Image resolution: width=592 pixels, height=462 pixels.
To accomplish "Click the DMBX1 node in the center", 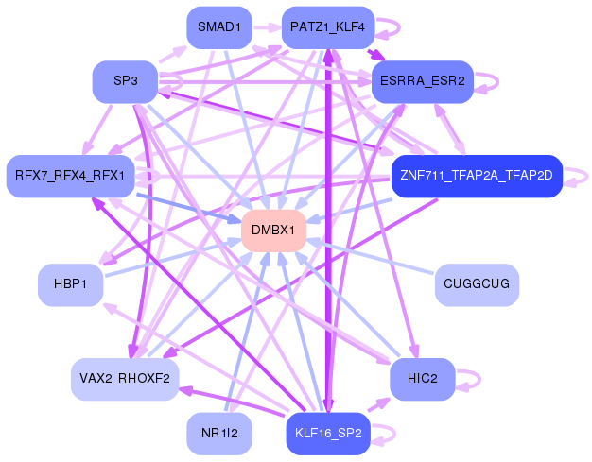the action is (x=273, y=231).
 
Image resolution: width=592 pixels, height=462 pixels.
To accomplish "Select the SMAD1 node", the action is (x=219, y=27).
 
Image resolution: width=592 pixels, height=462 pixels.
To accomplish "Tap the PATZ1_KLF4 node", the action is (x=328, y=27).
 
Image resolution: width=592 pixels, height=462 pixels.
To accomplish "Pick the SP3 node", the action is (x=126, y=81).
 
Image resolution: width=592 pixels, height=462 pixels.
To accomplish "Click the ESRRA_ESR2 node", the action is (x=423, y=81).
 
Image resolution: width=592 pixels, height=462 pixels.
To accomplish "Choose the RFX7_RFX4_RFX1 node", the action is (x=70, y=176).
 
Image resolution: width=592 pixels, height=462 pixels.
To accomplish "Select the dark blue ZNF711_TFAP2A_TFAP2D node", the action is (x=477, y=176).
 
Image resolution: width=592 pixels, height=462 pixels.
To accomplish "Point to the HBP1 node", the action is (x=70, y=284).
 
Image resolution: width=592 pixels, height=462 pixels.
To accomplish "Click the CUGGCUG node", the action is (x=477, y=284).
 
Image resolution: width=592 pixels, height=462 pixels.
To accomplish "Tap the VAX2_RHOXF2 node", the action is (x=125, y=379).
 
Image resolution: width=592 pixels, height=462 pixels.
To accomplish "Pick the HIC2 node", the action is (x=423, y=379).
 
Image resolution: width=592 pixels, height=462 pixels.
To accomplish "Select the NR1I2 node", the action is (x=219, y=434).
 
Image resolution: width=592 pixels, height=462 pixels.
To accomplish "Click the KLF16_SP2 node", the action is (x=328, y=434).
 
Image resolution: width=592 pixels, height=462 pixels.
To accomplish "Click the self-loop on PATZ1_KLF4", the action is (x=399, y=27).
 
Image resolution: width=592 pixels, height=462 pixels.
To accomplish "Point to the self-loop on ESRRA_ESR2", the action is (x=498, y=81).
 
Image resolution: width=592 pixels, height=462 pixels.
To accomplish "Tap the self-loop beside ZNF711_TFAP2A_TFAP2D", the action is (x=587, y=176).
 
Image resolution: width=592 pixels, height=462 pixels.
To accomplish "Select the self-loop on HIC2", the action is (x=479, y=379).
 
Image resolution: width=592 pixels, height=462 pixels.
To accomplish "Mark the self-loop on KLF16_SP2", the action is (x=395, y=434).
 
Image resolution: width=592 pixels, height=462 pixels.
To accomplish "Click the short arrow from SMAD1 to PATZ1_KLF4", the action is (x=267, y=27).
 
